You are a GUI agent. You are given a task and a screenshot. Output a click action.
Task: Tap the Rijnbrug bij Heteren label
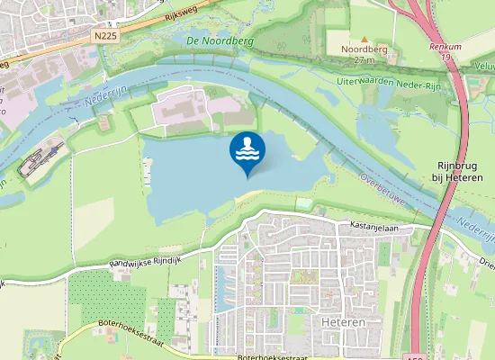(x=459, y=171)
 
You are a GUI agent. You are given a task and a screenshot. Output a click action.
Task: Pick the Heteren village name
(x=340, y=321)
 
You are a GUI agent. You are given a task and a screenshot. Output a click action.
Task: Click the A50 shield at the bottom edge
(x=414, y=357)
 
